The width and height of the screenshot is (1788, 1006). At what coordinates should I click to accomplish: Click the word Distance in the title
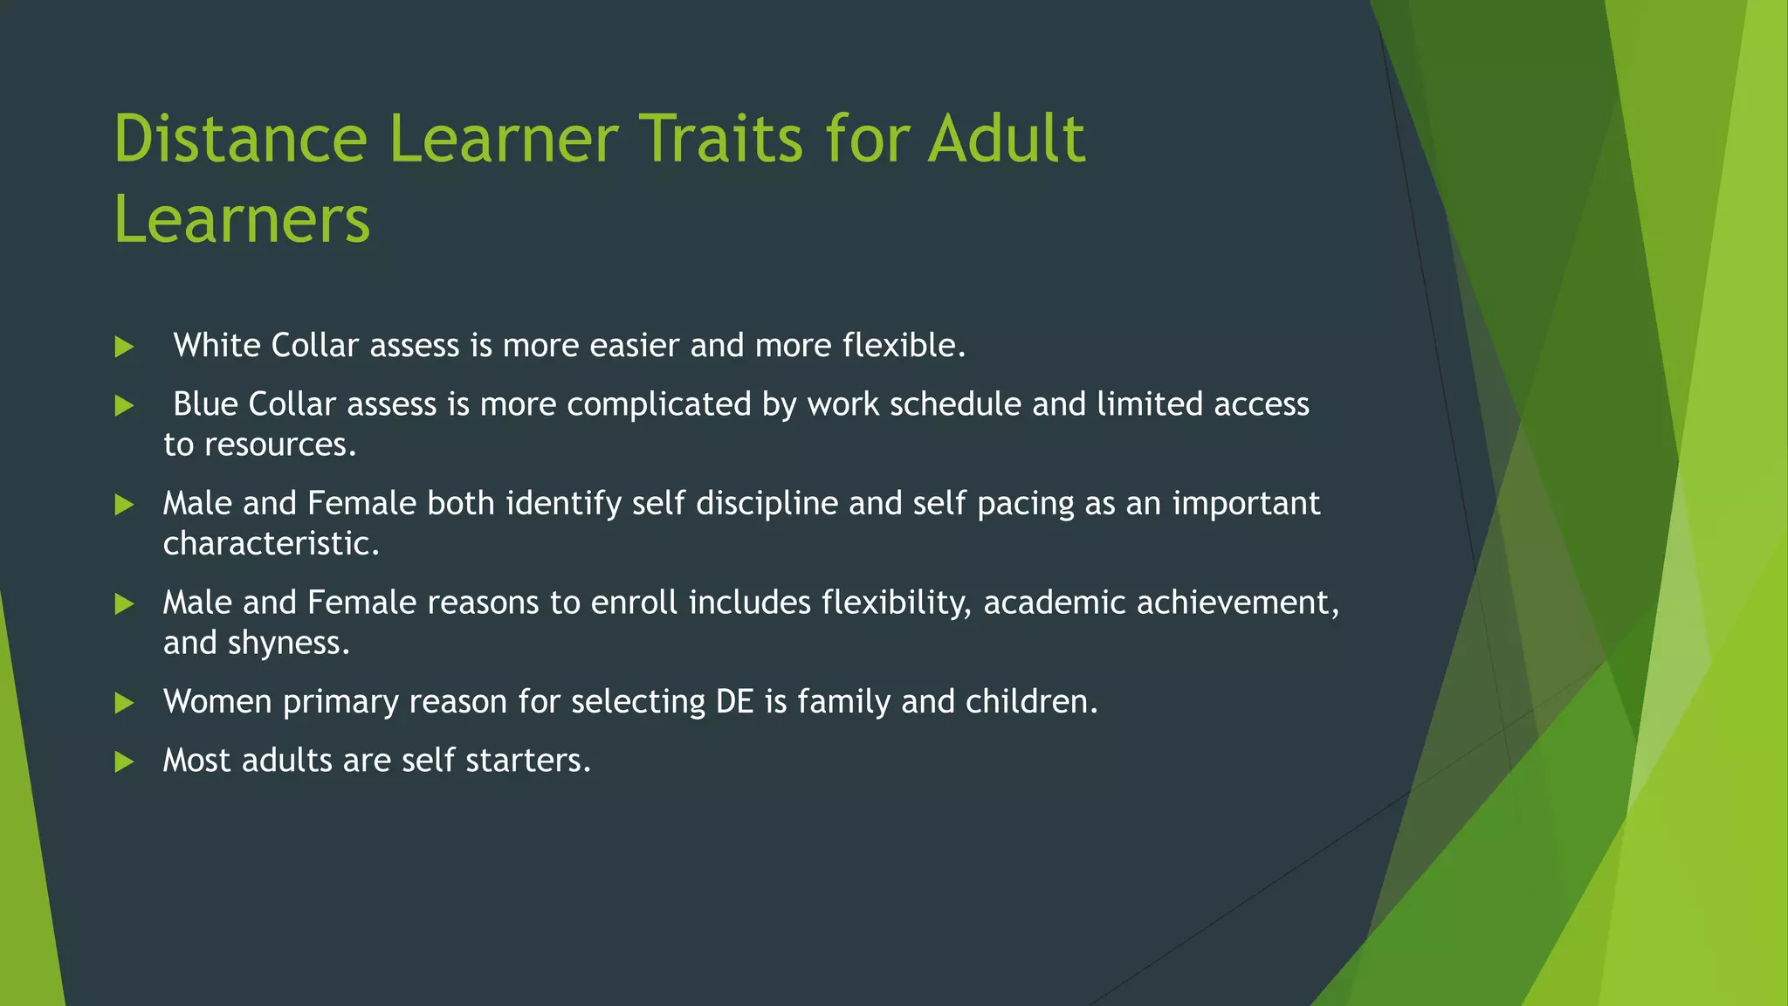240,139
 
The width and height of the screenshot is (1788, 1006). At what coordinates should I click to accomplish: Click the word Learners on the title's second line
242,219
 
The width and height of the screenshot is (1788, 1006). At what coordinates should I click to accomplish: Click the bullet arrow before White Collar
124,347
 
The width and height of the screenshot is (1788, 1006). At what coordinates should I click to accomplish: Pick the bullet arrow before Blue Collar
124,405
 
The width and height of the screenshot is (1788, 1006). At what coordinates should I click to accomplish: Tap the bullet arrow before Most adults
124,761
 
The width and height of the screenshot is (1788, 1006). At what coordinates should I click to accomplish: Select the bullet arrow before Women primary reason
124,703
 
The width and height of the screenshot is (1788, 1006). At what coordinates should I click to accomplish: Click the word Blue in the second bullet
205,404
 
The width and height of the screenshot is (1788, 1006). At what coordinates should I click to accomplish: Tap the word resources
279,445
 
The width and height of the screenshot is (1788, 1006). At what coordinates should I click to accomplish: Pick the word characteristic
270,544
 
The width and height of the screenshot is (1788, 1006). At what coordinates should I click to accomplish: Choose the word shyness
287,644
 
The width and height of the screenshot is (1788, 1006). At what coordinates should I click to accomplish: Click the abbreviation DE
734,702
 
